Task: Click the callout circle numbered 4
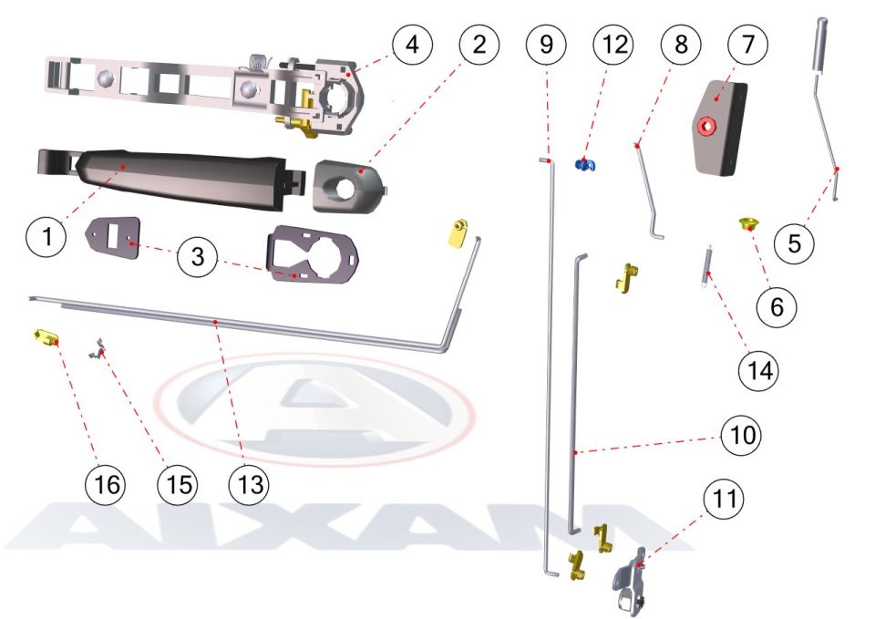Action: point(412,44)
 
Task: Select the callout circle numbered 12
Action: point(613,44)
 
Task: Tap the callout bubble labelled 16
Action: point(106,484)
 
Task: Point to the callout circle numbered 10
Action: point(742,435)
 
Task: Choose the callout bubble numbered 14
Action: point(759,370)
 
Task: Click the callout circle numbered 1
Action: point(46,237)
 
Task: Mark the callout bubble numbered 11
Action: point(724,499)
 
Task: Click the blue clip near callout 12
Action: point(585,165)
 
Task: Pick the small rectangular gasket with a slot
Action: point(112,237)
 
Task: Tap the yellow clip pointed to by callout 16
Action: point(46,337)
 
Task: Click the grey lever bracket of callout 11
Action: point(630,581)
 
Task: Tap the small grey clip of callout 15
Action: point(98,349)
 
